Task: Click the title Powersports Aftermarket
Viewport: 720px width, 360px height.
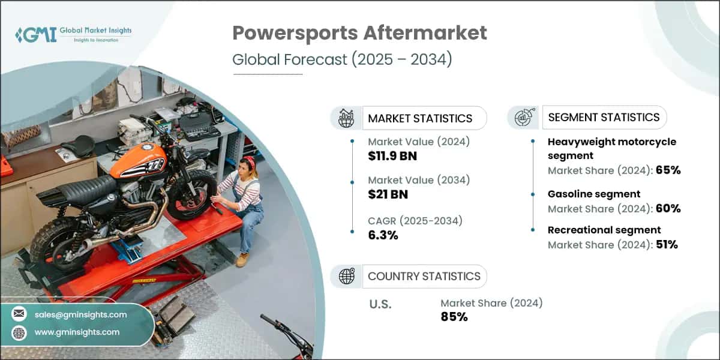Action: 359,34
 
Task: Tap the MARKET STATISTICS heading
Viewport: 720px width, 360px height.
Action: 420,118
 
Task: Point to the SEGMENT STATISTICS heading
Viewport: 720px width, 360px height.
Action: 604,117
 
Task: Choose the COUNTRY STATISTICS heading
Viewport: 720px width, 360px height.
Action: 424,276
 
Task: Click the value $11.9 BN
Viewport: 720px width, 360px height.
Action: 392,156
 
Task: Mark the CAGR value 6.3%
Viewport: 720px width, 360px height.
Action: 383,235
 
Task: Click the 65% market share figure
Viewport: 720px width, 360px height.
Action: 668,170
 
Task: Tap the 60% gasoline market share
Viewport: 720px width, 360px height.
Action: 668,208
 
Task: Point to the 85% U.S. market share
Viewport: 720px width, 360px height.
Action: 454,316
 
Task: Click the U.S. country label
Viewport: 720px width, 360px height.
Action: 379,304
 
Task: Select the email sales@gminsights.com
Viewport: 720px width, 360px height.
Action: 80,314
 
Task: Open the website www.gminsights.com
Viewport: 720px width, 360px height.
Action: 77,332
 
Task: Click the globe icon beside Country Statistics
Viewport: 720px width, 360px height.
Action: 347,276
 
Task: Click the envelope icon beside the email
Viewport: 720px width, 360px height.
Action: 20,314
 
